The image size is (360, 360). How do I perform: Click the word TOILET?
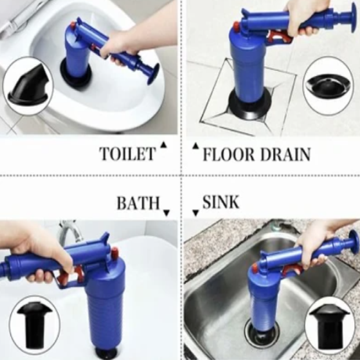pos(127,153)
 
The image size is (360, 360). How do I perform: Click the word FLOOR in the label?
pos(229,154)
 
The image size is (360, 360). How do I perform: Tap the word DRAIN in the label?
pos(285,154)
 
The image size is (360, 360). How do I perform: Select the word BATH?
pos(138,203)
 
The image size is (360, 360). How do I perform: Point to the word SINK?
pos(221,202)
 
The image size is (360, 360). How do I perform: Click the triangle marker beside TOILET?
pos(164,145)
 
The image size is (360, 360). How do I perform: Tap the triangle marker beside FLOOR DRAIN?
pos(196,146)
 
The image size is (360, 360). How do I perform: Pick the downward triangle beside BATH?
pos(166,213)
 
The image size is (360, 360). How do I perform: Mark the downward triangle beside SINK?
pos(196,213)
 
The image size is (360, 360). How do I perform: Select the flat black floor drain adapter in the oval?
pos(327,86)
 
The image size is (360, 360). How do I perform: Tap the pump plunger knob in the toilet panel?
pos(153,74)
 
